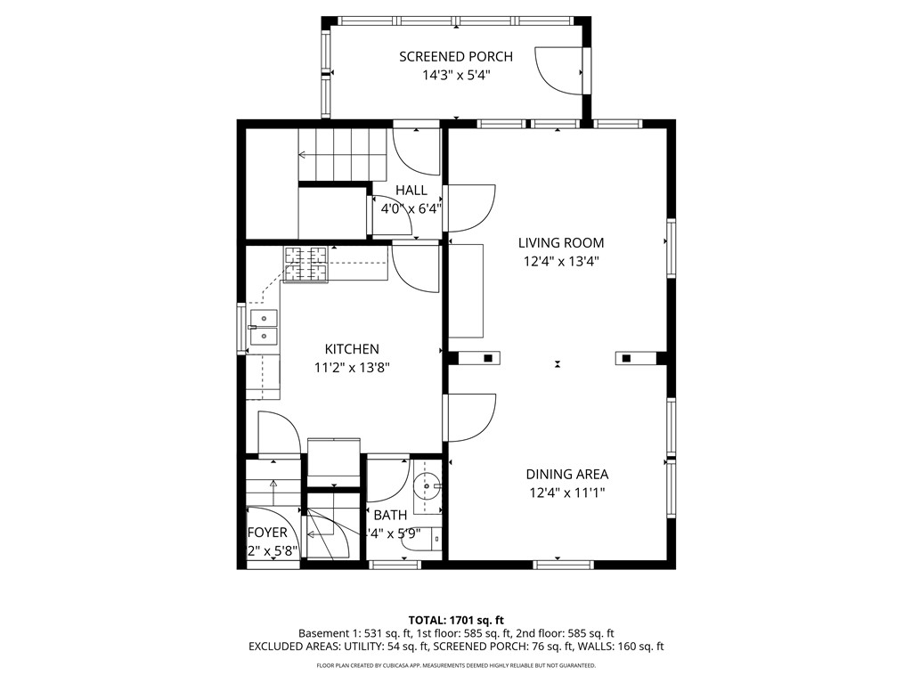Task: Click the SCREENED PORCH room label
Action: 456,57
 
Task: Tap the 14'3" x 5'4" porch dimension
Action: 456,76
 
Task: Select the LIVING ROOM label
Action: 561,242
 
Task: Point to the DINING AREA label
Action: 566,475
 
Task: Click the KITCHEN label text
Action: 352,349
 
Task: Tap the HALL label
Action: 411,191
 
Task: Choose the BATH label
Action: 390,515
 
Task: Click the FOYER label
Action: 267,533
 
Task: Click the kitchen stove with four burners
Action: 305,264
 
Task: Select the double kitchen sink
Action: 264,327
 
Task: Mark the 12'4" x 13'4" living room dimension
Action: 561,262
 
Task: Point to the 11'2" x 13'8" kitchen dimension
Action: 352,368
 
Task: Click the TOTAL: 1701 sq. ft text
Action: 456,620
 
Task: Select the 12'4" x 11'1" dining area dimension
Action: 566,493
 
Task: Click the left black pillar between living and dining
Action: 487,358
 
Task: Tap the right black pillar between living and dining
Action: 626,358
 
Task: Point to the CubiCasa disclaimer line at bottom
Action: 456,665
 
